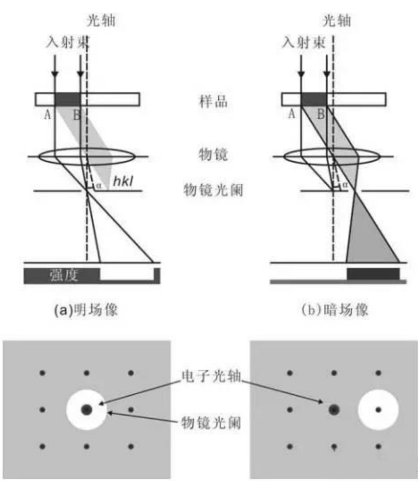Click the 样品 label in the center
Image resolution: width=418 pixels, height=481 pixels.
(x=213, y=102)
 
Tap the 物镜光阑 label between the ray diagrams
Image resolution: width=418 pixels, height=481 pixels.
(x=213, y=190)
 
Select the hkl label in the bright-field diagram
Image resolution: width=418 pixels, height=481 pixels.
(x=123, y=181)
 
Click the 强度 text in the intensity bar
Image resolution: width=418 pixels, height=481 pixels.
(x=64, y=275)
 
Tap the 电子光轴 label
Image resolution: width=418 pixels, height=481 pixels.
(x=211, y=376)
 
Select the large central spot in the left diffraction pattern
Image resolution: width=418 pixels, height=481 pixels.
(x=86, y=409)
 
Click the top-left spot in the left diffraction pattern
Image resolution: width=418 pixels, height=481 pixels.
(x=42, y=373)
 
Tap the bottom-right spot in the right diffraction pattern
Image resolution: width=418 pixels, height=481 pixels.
(x=378, y=447)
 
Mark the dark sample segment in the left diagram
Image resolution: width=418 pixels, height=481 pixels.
(x=68, y=99)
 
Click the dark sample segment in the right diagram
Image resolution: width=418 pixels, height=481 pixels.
(x=313, y=99)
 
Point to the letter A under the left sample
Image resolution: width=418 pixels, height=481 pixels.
(x=48, y=115)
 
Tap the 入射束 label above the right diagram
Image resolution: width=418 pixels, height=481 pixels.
(x=304, y=42)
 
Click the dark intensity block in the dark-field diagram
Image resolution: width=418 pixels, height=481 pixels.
(x=373, y=274)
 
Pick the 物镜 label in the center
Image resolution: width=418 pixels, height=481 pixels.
(x=213, y=154)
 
